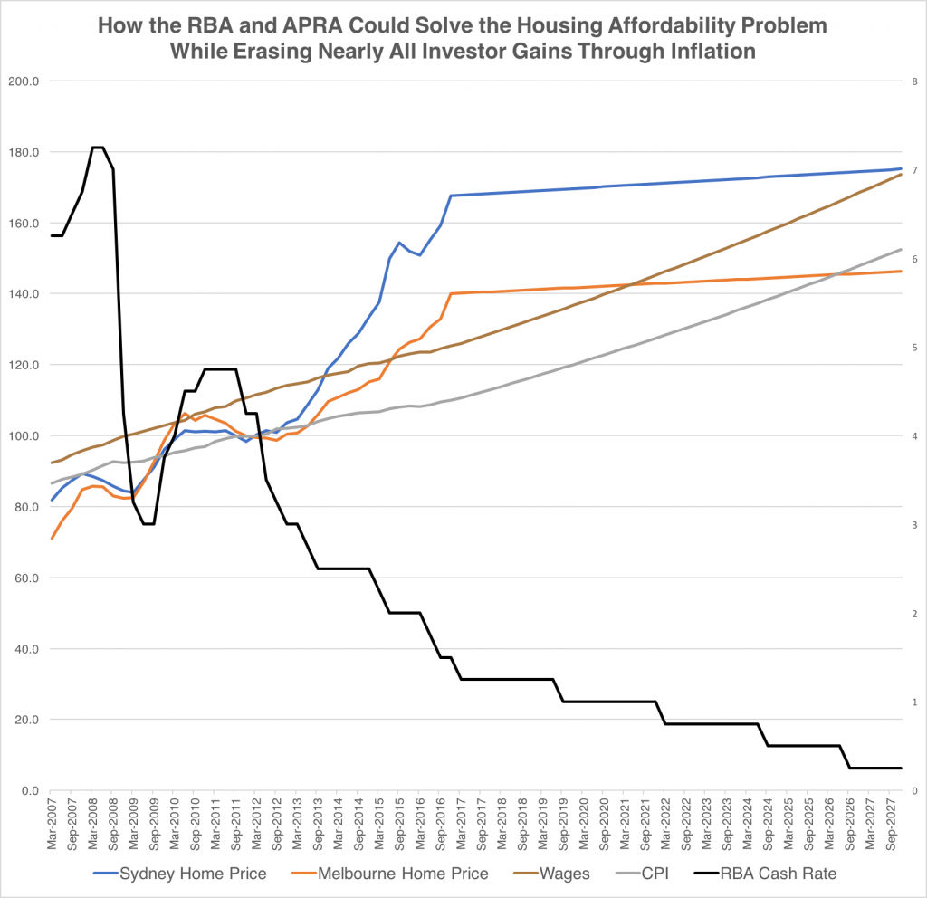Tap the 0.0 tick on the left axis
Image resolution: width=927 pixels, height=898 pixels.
pos(29,791)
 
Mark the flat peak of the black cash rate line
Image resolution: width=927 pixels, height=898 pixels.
pos(98,148)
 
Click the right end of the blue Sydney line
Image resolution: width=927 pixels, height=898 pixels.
pos(901,168)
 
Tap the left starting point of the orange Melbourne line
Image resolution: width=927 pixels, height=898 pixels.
pos(52,539)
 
